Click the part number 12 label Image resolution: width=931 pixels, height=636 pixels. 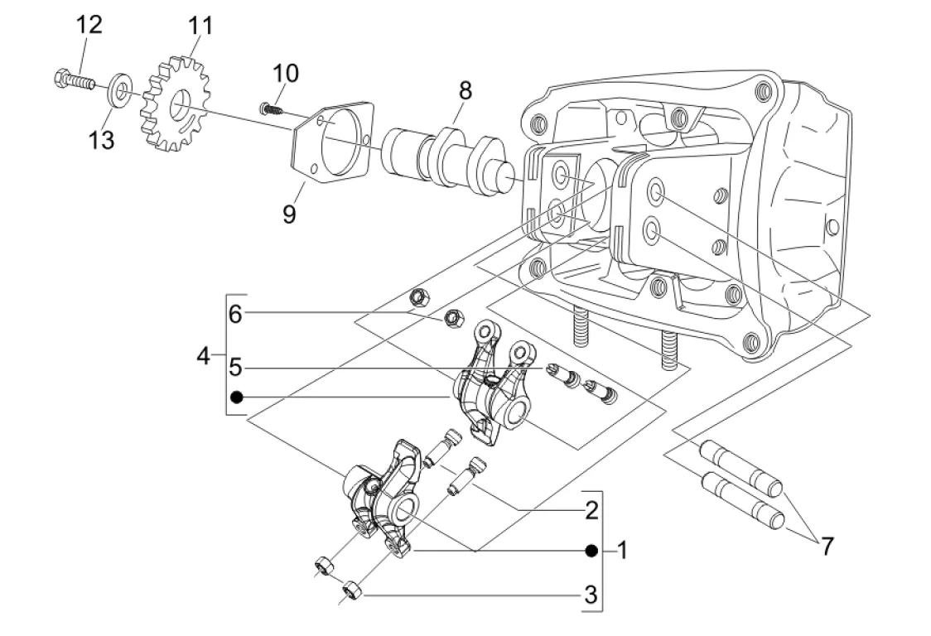pos(89,25)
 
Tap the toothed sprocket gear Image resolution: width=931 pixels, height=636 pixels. pos(176,104)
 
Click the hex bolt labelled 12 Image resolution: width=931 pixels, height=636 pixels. pos(75,79)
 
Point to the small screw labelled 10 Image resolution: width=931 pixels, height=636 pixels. pos(270,109)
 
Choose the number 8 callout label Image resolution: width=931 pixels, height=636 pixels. pos(465,91)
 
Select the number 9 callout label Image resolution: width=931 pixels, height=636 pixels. pos(289,214)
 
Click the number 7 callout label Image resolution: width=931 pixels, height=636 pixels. pos(827,546)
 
